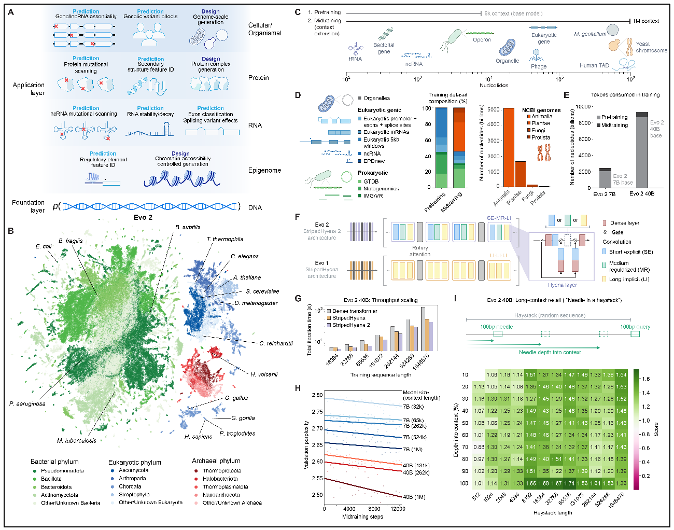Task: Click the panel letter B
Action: tap(11, 231)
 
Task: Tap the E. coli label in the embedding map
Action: tap(44, 246)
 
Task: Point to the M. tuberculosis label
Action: tap(77, 441)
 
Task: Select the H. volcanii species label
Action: tap(264, 374)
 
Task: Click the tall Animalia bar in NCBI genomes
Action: tap(509, 147)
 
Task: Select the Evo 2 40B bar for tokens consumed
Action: tap(642, 150)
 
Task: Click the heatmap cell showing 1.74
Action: tap(569, 483)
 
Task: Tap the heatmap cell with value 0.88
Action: tap(479, 447)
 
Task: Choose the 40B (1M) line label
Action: tap(414, 497)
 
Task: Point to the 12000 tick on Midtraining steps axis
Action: tap(398, 509)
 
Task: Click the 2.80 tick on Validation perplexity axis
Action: tap(317, 395)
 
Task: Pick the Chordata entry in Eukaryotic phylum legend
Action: tap(130, 486)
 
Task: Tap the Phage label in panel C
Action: tap(539, 66)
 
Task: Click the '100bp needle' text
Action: tap(496, 327)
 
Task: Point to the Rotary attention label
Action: tap(420, 251)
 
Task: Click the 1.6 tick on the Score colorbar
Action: tap(646, 379)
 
